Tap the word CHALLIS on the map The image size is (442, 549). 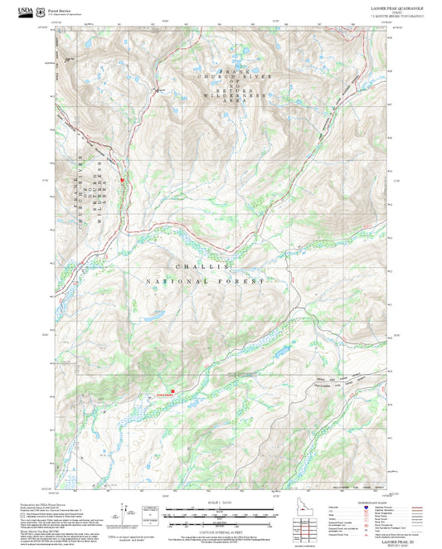202,267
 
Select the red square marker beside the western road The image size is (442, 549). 122,179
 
